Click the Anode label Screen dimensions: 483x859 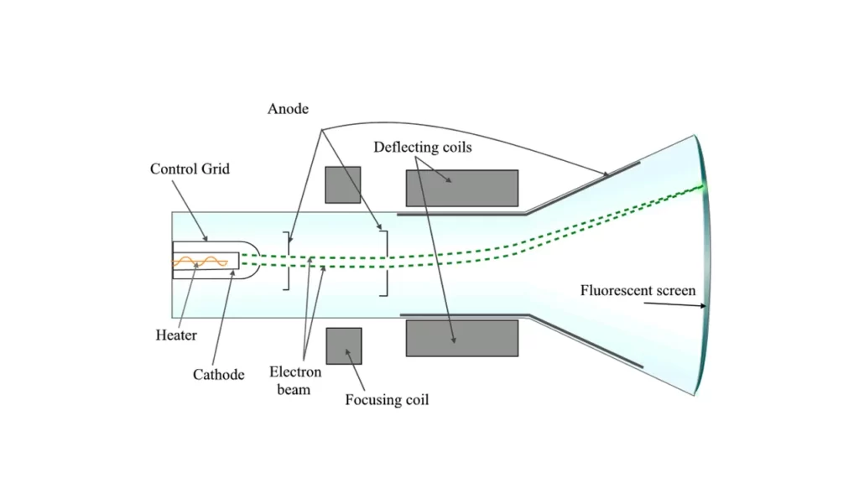[289, 109]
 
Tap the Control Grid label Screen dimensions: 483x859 [190, 169]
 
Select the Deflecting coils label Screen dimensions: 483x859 [423, 148]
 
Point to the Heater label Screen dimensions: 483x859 [176, 335]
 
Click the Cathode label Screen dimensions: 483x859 [218, 375]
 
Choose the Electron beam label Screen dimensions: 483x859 [295, 381]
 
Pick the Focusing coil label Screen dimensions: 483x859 [387, 400]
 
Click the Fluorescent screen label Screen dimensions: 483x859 [638, 291]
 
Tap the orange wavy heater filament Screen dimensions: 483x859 [200, 263]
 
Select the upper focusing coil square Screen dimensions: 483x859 [343, 184]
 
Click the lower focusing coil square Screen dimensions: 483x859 [343, 345]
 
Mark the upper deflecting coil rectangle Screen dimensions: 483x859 [461, 188]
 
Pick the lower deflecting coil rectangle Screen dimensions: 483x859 [461, 338]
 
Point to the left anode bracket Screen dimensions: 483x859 [289, 261]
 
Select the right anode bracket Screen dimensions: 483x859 [385, 262]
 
